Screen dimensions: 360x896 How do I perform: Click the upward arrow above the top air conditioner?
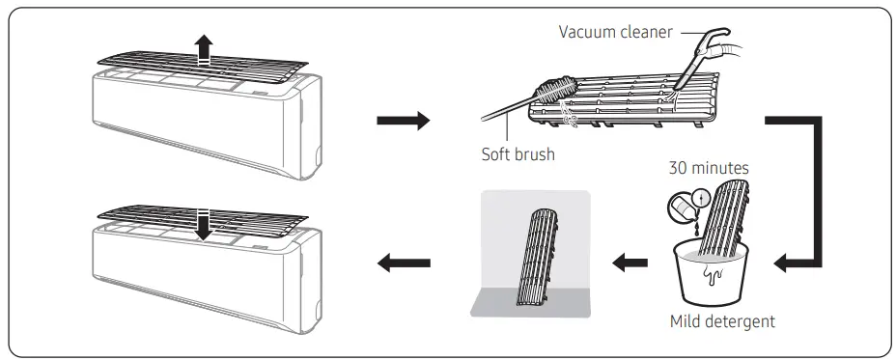pyautogui.click(x=202, y=48)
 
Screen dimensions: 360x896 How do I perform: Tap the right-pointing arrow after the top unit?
pyautogui.click(x=402, y=121)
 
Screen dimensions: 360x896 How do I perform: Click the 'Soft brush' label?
pyautogui.click(x=518, y=154)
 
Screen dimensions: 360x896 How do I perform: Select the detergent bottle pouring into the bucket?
pyautogui.click(x=682, y=207)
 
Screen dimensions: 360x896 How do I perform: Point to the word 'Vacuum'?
pyautogui.click(x=589, y=32)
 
